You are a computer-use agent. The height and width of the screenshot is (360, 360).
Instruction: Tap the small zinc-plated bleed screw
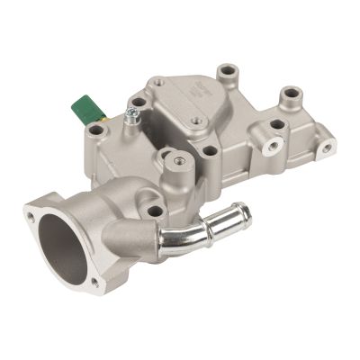pyautogui.click(x=131, y=114)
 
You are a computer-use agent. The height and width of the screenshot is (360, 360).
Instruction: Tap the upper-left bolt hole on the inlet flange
pyautogui.click(x=33, y=217)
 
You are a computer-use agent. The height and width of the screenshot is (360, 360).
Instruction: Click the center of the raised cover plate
pyautogui.click(x=184, y=112)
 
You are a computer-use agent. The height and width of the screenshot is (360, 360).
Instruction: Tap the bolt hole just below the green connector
pyautogui.click(x=97, y=131)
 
